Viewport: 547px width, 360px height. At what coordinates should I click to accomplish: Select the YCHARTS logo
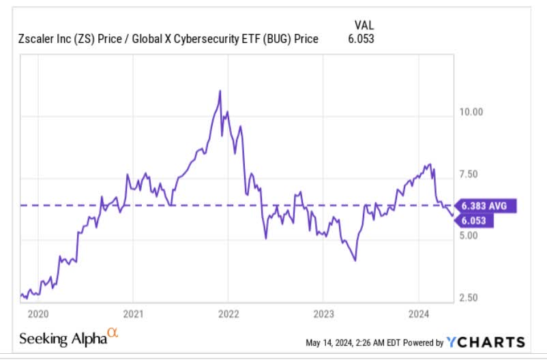(x=486, y=342)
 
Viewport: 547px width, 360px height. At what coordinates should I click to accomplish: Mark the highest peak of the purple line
(x=220, y=91)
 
